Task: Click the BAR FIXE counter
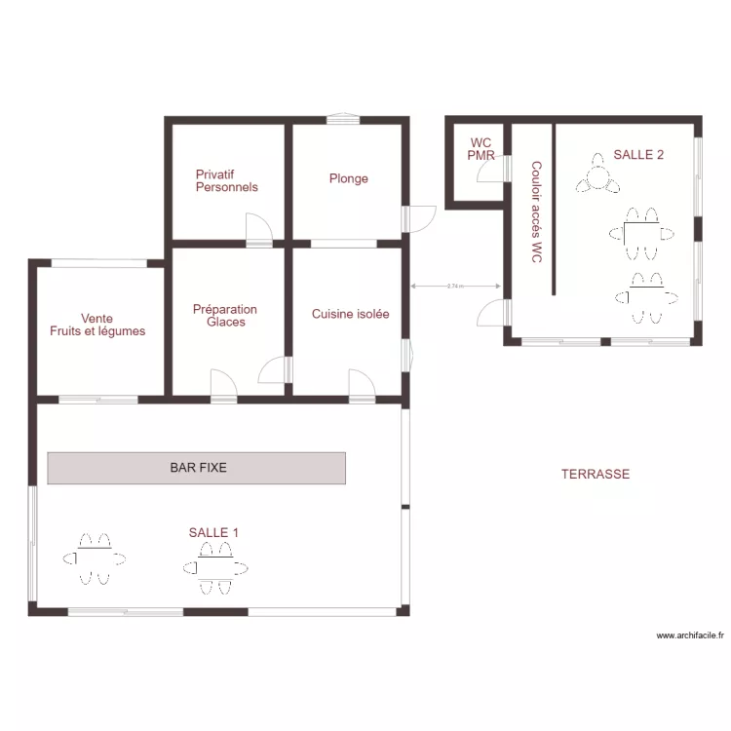click(196, 468)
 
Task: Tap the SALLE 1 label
click(213, 532)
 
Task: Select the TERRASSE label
click(596, 474)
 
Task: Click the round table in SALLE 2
click(597, 177)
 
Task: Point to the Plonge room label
click(349, 178)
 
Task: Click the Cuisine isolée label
click(351, 314)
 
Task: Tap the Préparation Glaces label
click(225, 316)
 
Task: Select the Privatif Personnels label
click(226, 181)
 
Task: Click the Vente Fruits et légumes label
click(97, 325)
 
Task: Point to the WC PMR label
click(481, 149)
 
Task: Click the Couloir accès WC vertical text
click(537, 212)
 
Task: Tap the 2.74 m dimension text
click(455, 287)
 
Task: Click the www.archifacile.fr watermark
click(690, 635)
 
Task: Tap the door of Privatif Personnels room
click(259, 228)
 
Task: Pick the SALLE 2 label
click(638, 155)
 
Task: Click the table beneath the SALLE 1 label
click(215, 568)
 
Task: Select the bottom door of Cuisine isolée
click(363, 385)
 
